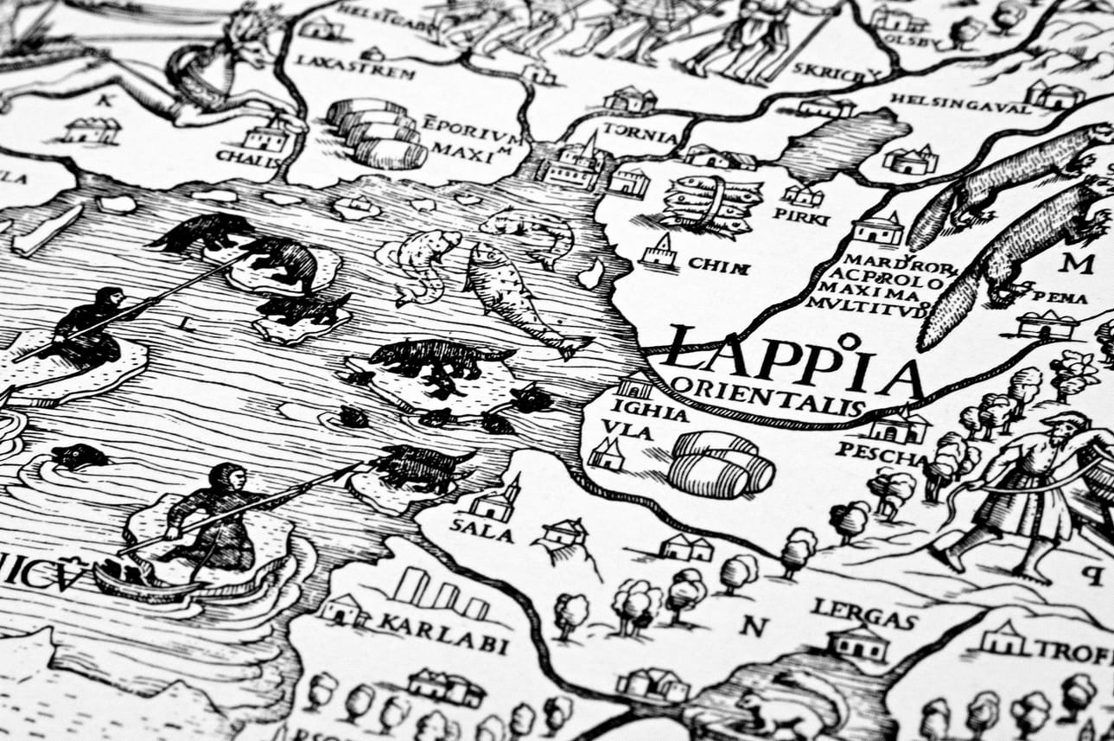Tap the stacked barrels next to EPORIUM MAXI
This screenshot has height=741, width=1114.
point(378,132)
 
